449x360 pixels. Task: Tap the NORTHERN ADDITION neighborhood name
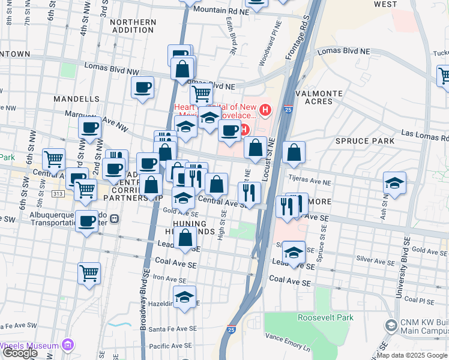[x=133, y=26]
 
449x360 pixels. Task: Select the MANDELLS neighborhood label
[x=76, y=98]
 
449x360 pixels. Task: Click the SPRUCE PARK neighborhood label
[x=365, y=141]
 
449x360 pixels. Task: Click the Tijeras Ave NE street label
[x=310, y=179]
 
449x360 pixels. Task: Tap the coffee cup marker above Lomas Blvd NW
[x=142, y=88]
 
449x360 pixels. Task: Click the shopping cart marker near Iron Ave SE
[x=89, y=273]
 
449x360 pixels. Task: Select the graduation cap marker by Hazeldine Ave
[x=185, y=296]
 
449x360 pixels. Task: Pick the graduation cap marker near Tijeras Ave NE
[x=394, y=183]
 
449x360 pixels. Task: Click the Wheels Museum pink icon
[x=67, y=345]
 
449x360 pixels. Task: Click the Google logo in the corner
[x=20, y=353]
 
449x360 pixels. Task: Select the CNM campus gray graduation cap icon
[x=391, y=325]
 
